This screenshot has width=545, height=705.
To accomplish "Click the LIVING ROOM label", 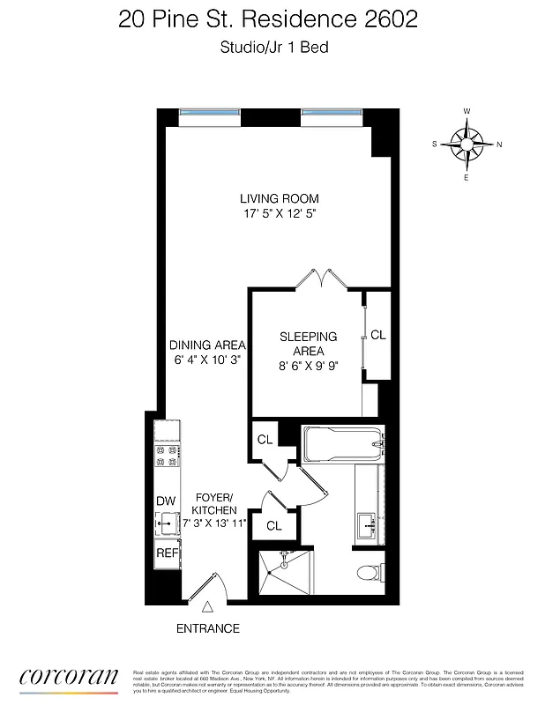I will click(x=279, y=198).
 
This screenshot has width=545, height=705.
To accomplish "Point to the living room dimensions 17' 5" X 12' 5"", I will click(x=279, y=214).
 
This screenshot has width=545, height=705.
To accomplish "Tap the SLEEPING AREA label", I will click(x=308, y=344).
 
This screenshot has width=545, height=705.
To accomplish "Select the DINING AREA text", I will click(x=207, y=345).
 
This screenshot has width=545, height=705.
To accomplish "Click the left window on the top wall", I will click(x=210, y=112).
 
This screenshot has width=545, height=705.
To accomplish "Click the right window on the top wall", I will click(x=331, y=112).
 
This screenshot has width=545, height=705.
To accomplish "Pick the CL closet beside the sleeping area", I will click(x=378, y=335).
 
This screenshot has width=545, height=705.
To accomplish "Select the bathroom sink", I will click(x=367, y=526).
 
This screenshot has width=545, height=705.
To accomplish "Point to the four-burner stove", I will click(x=166, y=456).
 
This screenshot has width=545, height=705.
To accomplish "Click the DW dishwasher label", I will click(x=166, y=501).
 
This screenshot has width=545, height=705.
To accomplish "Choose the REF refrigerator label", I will click(x=166, y=553).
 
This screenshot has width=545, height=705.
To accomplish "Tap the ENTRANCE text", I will click(x=208, y=628).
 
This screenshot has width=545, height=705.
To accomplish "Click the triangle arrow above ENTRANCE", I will click(x=208, y=607).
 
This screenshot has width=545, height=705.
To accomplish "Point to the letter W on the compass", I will click(x=467, y=111).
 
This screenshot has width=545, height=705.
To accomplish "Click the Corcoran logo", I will click(x=69, y=677).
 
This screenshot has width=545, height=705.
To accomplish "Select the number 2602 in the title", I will click(x=391, y=20).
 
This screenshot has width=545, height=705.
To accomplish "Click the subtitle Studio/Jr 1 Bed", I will click(x=273, y=48).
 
